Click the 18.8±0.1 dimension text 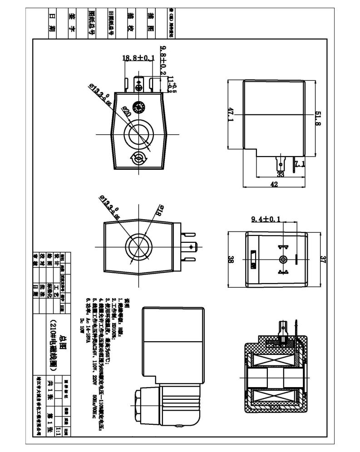pos(138,58)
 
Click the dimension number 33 pos(280,174)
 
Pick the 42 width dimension pos(274,184)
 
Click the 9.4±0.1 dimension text pos(266,220)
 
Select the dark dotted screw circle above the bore pos(139,108)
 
